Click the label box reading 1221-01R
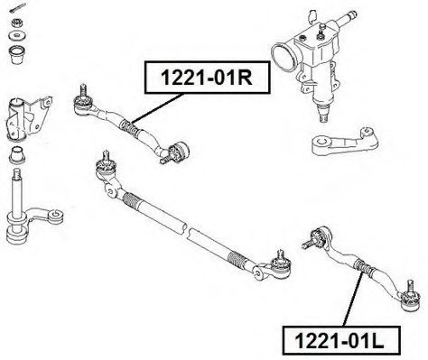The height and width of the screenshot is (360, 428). [x=208, y=78]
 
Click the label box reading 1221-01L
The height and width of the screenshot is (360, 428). [x=340, y=341]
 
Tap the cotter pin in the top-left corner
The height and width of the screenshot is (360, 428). [x=17, y=8]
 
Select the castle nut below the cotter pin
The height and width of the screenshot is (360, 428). [x=18, y=23]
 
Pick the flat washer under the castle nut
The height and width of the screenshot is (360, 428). [x=18, y=36]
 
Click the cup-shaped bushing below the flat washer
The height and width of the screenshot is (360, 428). [x=17, y=55]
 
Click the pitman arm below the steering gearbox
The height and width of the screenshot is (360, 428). [x=345, y=141]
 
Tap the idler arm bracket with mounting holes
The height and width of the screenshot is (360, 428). [x=28, y=119]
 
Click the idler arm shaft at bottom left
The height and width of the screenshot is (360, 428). [x=17, y=192]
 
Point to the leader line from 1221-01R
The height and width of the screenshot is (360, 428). [x=157, y=107]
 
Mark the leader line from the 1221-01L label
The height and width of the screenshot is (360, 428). [x=352, y=298]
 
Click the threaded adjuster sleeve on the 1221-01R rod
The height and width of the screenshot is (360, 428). [x=129, y=127]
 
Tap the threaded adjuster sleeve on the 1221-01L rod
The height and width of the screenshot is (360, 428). [x=364, y=267]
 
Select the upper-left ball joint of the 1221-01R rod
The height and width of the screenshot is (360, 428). [x=83, y=102]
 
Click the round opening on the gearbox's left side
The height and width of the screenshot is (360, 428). [x=284, y=58]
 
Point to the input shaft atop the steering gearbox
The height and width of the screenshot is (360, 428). [x=346, y=19]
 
